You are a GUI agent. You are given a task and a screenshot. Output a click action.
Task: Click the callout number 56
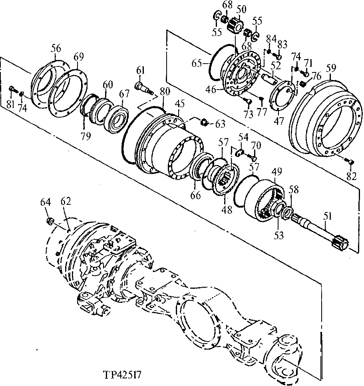coord(56,49)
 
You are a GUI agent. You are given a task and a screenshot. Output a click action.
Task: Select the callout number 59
coord(331,68)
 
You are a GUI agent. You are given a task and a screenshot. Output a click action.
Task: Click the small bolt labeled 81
coord(12,89)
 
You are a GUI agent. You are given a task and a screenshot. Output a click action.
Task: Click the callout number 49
coord(277,172)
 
